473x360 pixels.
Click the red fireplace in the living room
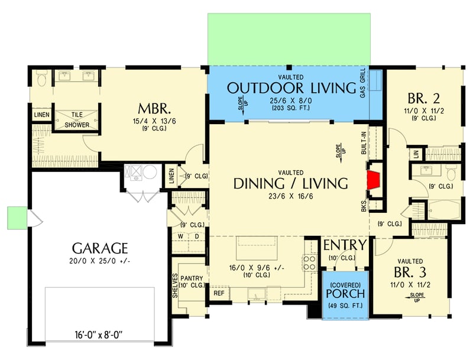374,181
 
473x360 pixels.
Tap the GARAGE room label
101,247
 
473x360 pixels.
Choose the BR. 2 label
423,98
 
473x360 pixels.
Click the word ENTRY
344,245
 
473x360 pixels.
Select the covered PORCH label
345,293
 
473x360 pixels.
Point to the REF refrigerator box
219,293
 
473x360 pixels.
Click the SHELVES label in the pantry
176,286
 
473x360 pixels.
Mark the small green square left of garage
16,217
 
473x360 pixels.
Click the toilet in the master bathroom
41,77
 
